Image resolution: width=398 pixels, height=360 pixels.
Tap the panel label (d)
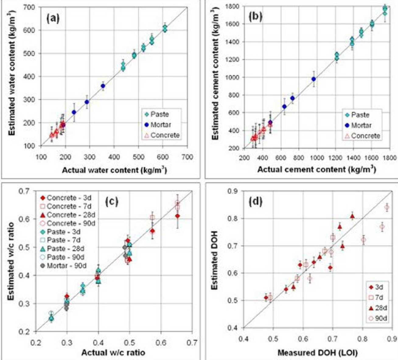click(256, 202)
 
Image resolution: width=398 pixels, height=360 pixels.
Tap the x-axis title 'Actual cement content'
click(316, 170)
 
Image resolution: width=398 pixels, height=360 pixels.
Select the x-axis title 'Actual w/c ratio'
click(113, 353)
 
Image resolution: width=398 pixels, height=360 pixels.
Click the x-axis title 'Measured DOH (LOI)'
click(317, 353)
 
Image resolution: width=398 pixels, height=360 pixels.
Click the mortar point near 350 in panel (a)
click(103, 86)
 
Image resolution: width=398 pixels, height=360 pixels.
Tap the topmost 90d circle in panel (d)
click(387, 208)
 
